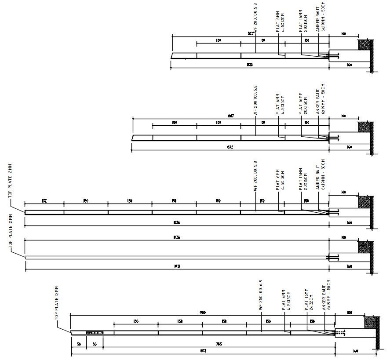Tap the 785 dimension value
(219, 344)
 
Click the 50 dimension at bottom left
(79, 344)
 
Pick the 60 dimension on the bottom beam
(95, 344)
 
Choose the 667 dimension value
(231, 116)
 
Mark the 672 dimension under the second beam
(230, 147)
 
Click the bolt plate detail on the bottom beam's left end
(95, 333)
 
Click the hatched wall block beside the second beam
(365, 127)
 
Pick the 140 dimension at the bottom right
(355, 350)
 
